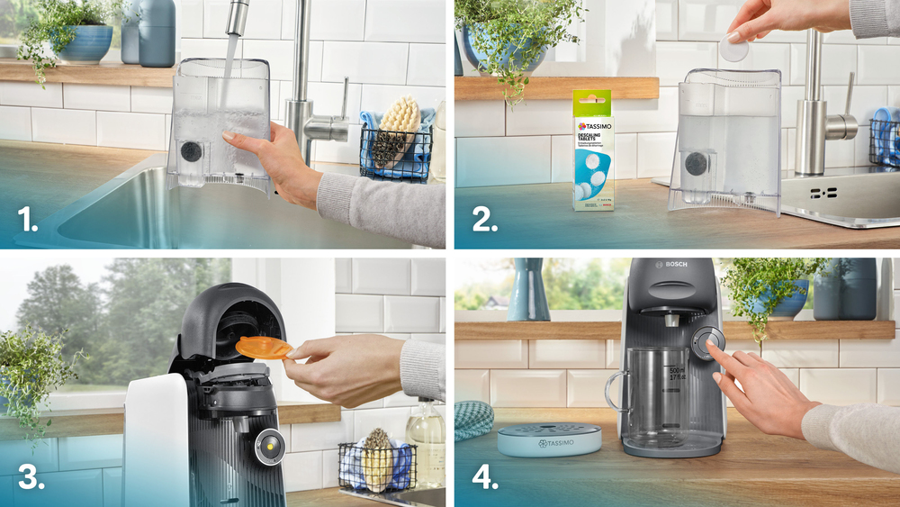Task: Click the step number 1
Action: (28, 219)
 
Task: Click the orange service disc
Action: (263, 347)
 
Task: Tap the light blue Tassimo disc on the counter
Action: (549, 439)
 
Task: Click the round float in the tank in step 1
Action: (192, 151)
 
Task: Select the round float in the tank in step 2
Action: (696, 163)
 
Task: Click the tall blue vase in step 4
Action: (528, 290)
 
